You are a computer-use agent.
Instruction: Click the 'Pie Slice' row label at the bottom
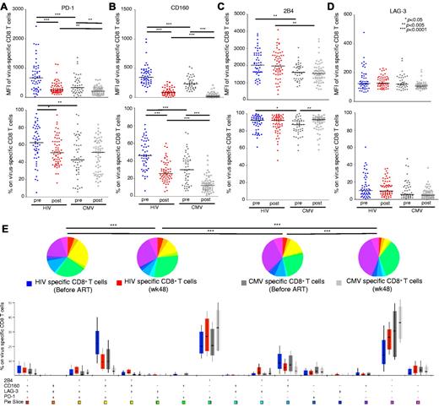pos(14,402)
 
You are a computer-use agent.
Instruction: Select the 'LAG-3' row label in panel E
pos(11,388)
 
